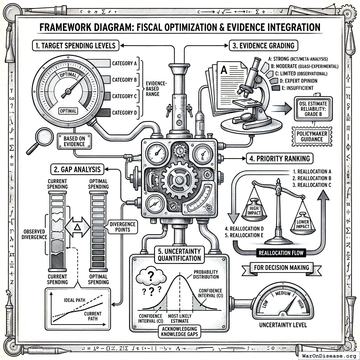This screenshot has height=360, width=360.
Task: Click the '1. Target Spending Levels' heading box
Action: point(75,45)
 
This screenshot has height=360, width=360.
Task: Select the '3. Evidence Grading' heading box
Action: point(262,45)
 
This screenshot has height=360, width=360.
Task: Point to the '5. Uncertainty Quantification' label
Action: point(179,255)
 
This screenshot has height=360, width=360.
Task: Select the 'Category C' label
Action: point(124,96)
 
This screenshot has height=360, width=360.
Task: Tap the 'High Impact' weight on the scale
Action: point(254,210)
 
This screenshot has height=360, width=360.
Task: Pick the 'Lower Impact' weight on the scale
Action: point(302,224)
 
